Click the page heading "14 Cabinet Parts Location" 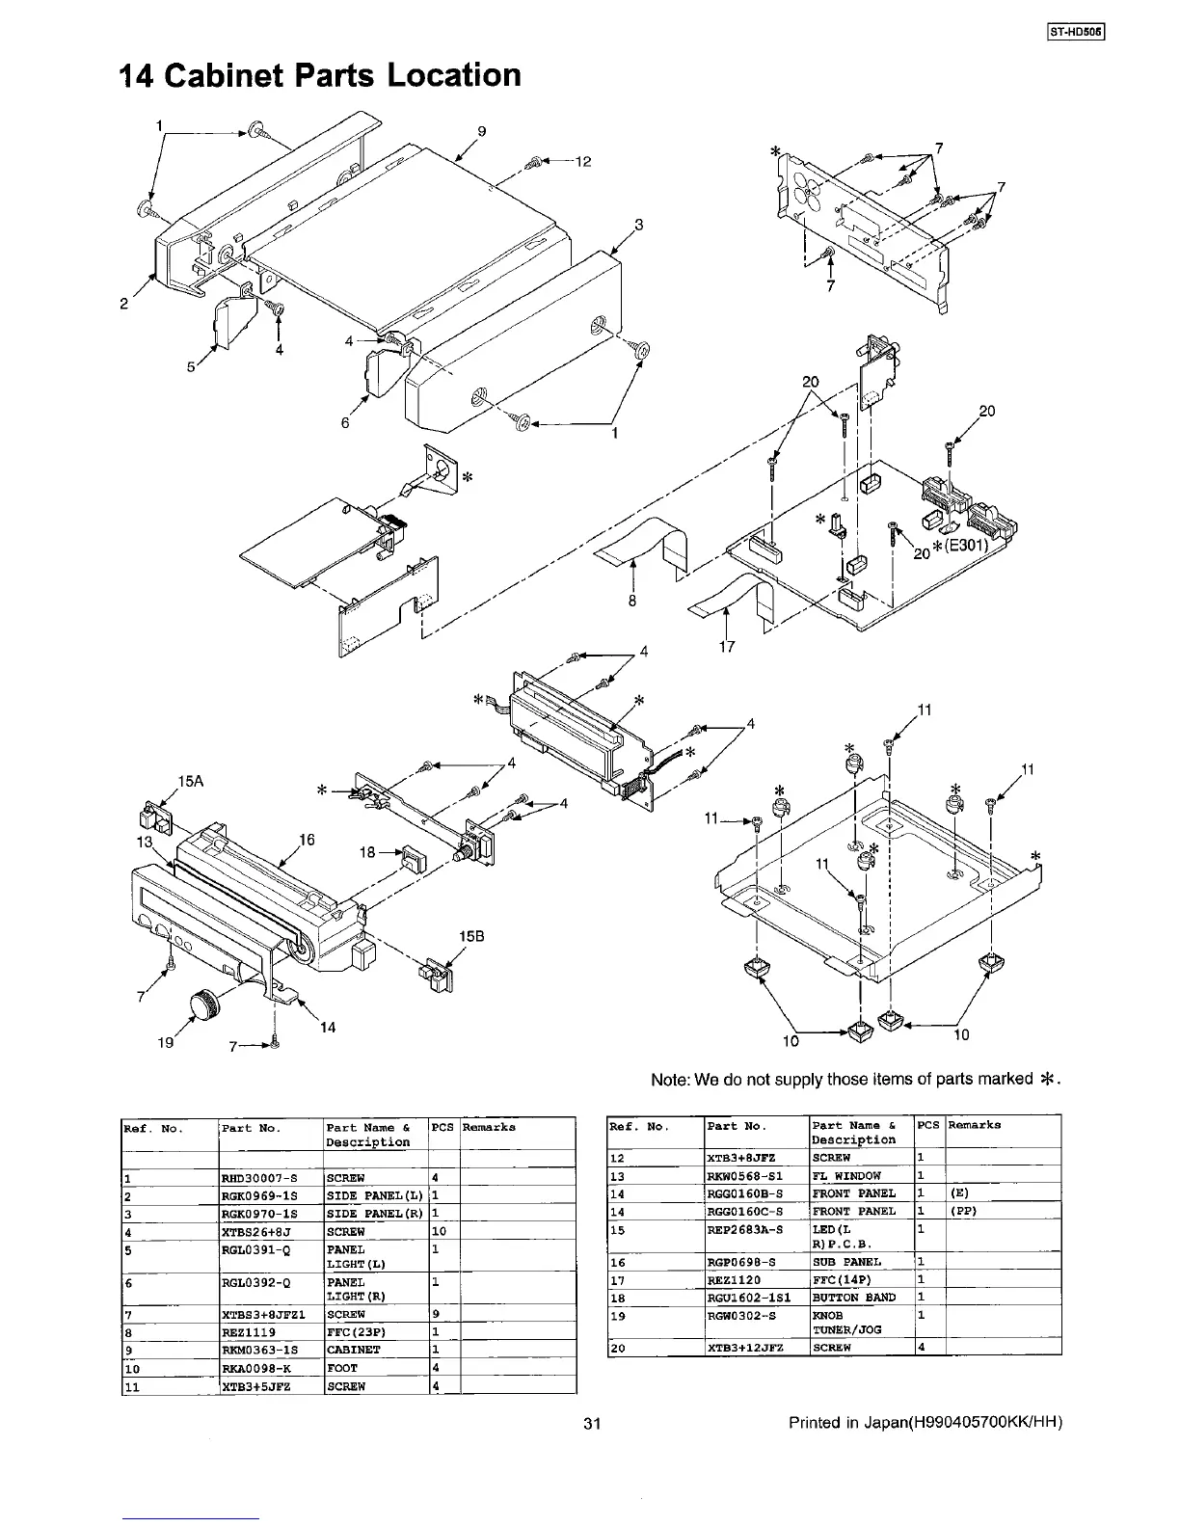click(x=319, y=75)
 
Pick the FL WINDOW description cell click(x=845, y=1175)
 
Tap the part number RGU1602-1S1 click(x=746, y=1298)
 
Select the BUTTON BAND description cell click(x=854, y=1298)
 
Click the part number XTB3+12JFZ click(x=743, y=1348)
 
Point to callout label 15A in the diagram click(x=191, y=781)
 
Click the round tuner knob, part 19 click(x=203, y=1004)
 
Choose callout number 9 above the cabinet click(x=482, y=131)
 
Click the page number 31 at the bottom click(x=592, y=1423)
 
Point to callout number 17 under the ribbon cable click(x=727, y=646)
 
